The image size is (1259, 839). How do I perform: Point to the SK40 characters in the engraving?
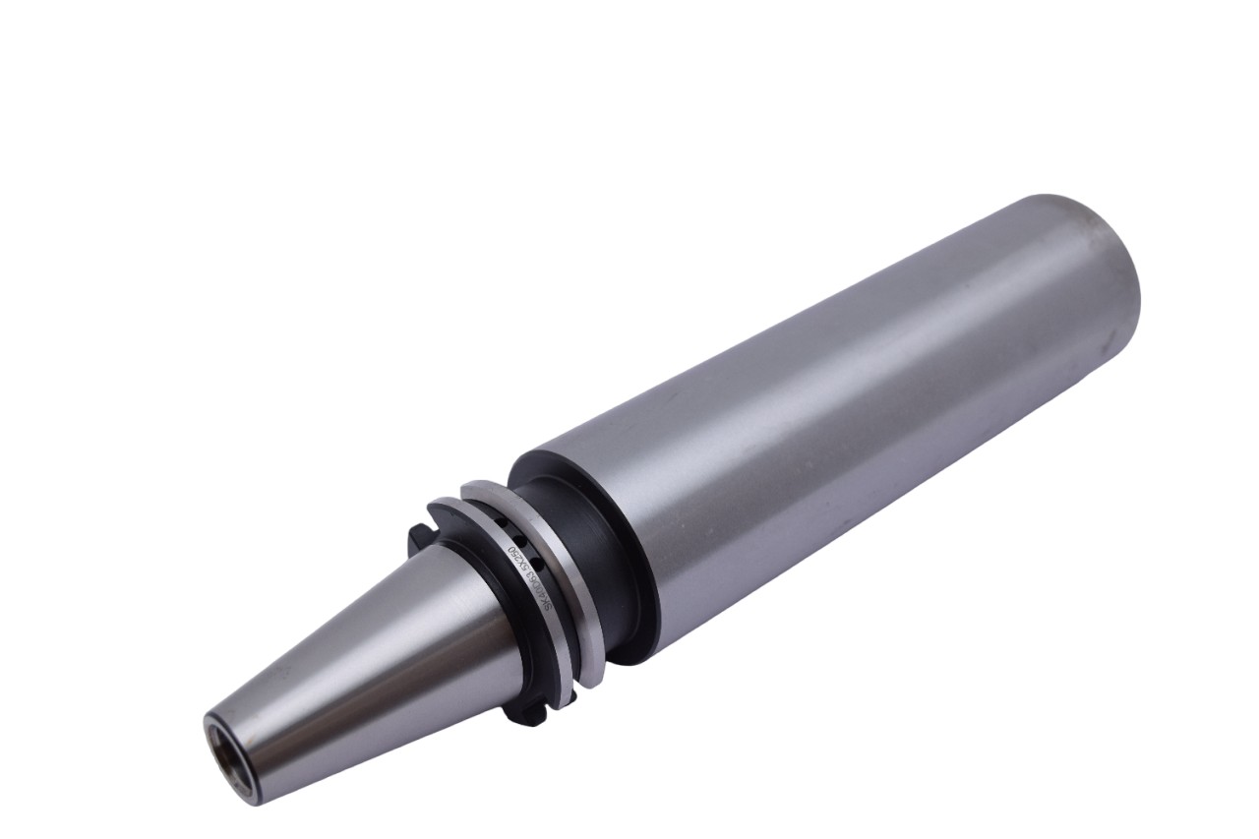pos(544,606)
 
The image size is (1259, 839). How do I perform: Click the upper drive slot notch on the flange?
pos(417,536)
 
